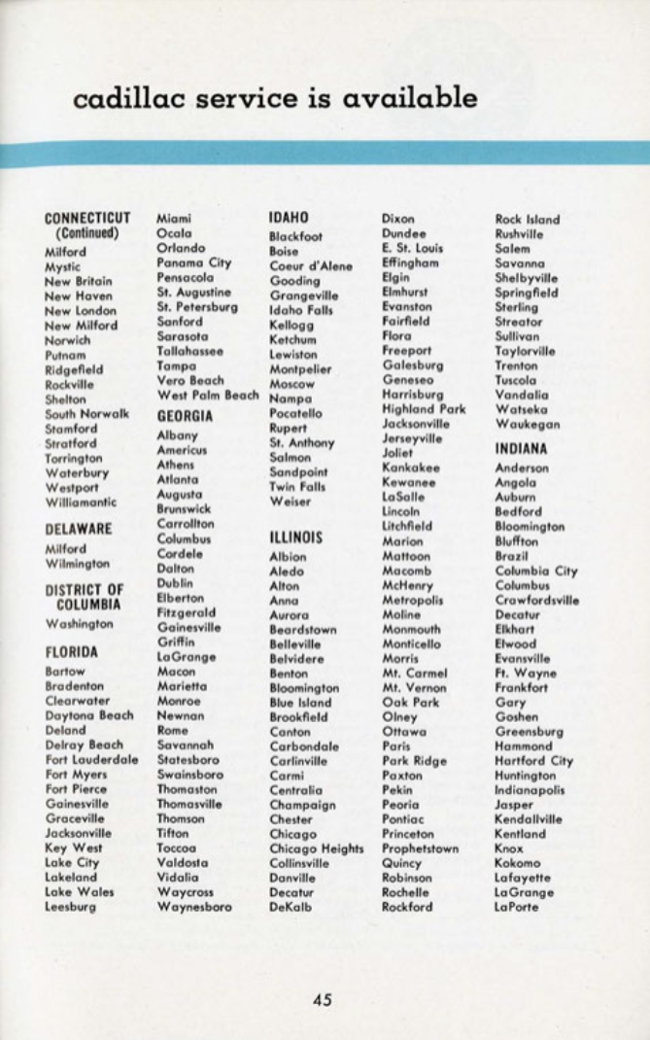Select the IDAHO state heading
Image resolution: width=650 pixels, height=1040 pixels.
click(288, 219)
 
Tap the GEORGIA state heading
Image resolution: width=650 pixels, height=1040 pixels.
click(185, 415)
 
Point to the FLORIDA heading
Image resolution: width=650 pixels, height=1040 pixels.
click(72, 651)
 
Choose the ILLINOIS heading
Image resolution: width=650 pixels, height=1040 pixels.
click(295, 536)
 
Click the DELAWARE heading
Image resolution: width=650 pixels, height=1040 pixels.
click(79, 529)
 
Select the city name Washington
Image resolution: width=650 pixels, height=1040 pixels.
click(79, 623)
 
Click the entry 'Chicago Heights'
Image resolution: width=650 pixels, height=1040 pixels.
click(316, 849)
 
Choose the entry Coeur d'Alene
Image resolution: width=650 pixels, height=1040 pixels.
click(310, 265)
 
